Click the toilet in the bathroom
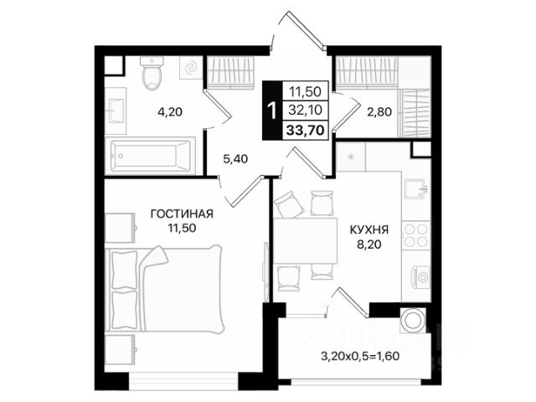click(152, 73)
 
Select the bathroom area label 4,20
click(170, 111)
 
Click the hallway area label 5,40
click(235, 159)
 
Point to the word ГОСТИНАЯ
click(182, 214)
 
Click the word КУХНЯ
click(369, 229)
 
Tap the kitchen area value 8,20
click(369, 245)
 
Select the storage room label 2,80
click(379, 111)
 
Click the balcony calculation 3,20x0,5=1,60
click(360, 356)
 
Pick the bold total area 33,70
click(305, 131)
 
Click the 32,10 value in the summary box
click(305, 110)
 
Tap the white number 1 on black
click(272, 111)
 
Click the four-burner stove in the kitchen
click(416, 235)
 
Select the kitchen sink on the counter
click(415, 188)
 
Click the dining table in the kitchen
click(305, 240)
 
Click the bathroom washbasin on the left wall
click(116, 111)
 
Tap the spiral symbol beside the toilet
click(191, 68)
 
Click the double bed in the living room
click(164, 289)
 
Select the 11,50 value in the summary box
click(305, 91)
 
